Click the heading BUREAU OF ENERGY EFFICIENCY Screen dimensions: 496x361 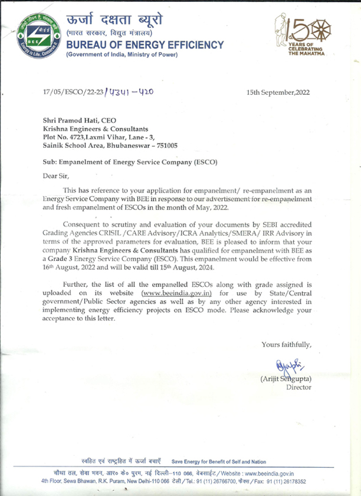145,45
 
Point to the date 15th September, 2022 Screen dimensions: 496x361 278,92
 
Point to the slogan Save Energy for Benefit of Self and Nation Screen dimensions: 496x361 218,461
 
